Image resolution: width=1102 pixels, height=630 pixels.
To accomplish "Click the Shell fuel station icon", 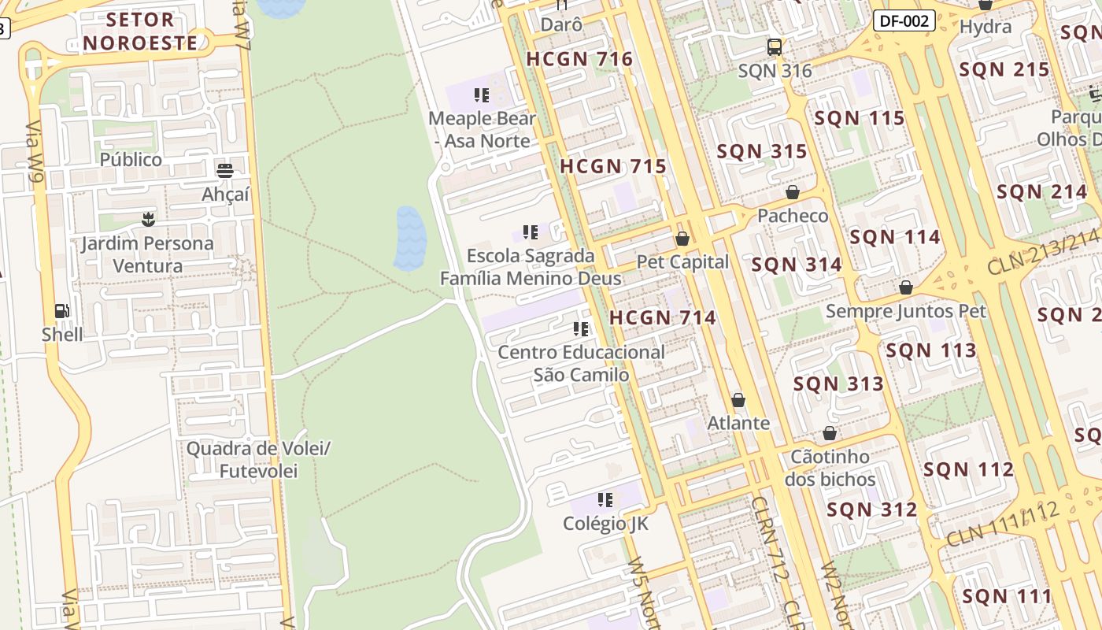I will (x=62, y=311).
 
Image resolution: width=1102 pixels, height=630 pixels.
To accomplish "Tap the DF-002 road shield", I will (x=904, y=21).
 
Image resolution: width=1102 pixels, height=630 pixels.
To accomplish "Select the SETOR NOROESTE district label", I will (x=141, y=31).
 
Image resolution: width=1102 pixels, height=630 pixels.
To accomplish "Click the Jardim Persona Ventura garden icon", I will (x=147, y=220).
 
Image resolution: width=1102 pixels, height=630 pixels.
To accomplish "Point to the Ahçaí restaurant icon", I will (x=225, y=170).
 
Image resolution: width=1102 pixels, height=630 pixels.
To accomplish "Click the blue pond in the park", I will (x=409, y=238).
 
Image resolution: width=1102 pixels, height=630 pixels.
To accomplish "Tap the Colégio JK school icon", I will (x=605, y=500).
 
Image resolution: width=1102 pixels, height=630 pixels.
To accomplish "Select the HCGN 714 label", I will (x=663, y=318).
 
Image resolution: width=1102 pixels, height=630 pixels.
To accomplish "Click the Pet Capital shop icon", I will (x=682, y=238).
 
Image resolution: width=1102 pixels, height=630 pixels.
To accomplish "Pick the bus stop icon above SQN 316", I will (x=775, y=47).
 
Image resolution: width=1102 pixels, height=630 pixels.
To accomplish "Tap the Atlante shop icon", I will (x=738, y=400).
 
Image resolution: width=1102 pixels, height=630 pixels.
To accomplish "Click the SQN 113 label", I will (x=931, y=350).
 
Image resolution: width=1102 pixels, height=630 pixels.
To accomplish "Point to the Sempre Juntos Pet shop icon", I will (x=906, y=287).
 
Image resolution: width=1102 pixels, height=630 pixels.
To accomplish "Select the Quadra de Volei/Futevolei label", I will (x=257, y=460).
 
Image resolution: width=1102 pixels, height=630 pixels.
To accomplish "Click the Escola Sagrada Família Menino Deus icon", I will (x=531, y=232).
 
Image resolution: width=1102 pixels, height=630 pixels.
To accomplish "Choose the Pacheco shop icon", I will (x=793, y=192).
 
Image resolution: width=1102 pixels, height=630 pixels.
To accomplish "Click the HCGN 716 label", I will (x=579, y=59).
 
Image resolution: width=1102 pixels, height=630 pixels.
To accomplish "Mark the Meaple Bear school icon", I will (x=482, y=95).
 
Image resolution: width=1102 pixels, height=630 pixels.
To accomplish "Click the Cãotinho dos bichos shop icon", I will (x=830, y=433).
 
